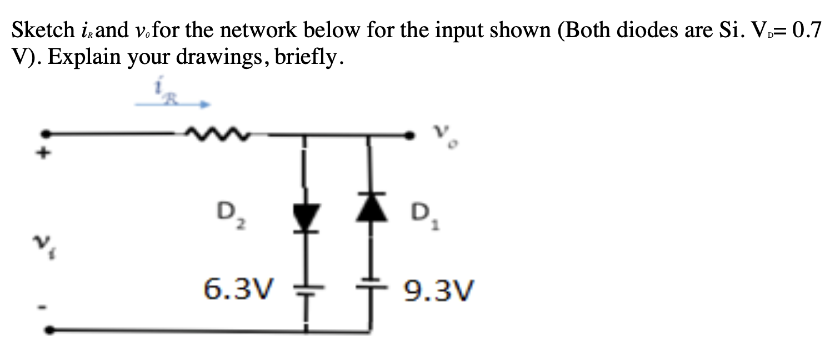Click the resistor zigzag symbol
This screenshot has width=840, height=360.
click(218, 134)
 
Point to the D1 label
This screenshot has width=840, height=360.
click(422, 215)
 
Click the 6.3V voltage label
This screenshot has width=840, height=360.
click(239, 288)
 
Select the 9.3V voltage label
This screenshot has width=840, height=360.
click(438, 289)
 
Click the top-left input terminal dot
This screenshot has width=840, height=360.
click(49, 134)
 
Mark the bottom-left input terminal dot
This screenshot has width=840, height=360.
click(50, 330)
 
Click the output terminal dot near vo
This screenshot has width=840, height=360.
click(411, 134)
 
